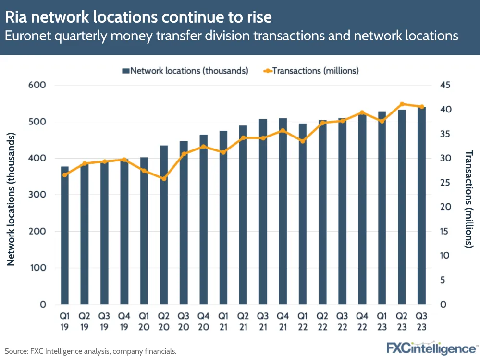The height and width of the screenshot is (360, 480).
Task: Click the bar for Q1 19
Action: [x=65, y=236]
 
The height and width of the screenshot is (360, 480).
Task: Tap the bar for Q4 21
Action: [x=283, y=211]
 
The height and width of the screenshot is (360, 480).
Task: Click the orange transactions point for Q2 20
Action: [x=164, y=179]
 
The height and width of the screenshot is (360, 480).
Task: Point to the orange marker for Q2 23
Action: [x=402, y=104]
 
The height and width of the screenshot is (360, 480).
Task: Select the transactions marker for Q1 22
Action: [x=303, y=141]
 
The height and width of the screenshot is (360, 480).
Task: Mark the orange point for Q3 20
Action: [x=184, y=154]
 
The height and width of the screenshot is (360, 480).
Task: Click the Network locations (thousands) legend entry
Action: [x=185, y=71]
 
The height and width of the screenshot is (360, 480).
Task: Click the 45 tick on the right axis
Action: [x=445, y=85]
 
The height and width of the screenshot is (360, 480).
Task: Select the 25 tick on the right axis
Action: [x=445, y=183]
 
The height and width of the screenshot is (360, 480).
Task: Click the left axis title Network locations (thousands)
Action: [x=12, y=199]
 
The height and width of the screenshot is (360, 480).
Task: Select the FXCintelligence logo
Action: [x=431, y=348]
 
